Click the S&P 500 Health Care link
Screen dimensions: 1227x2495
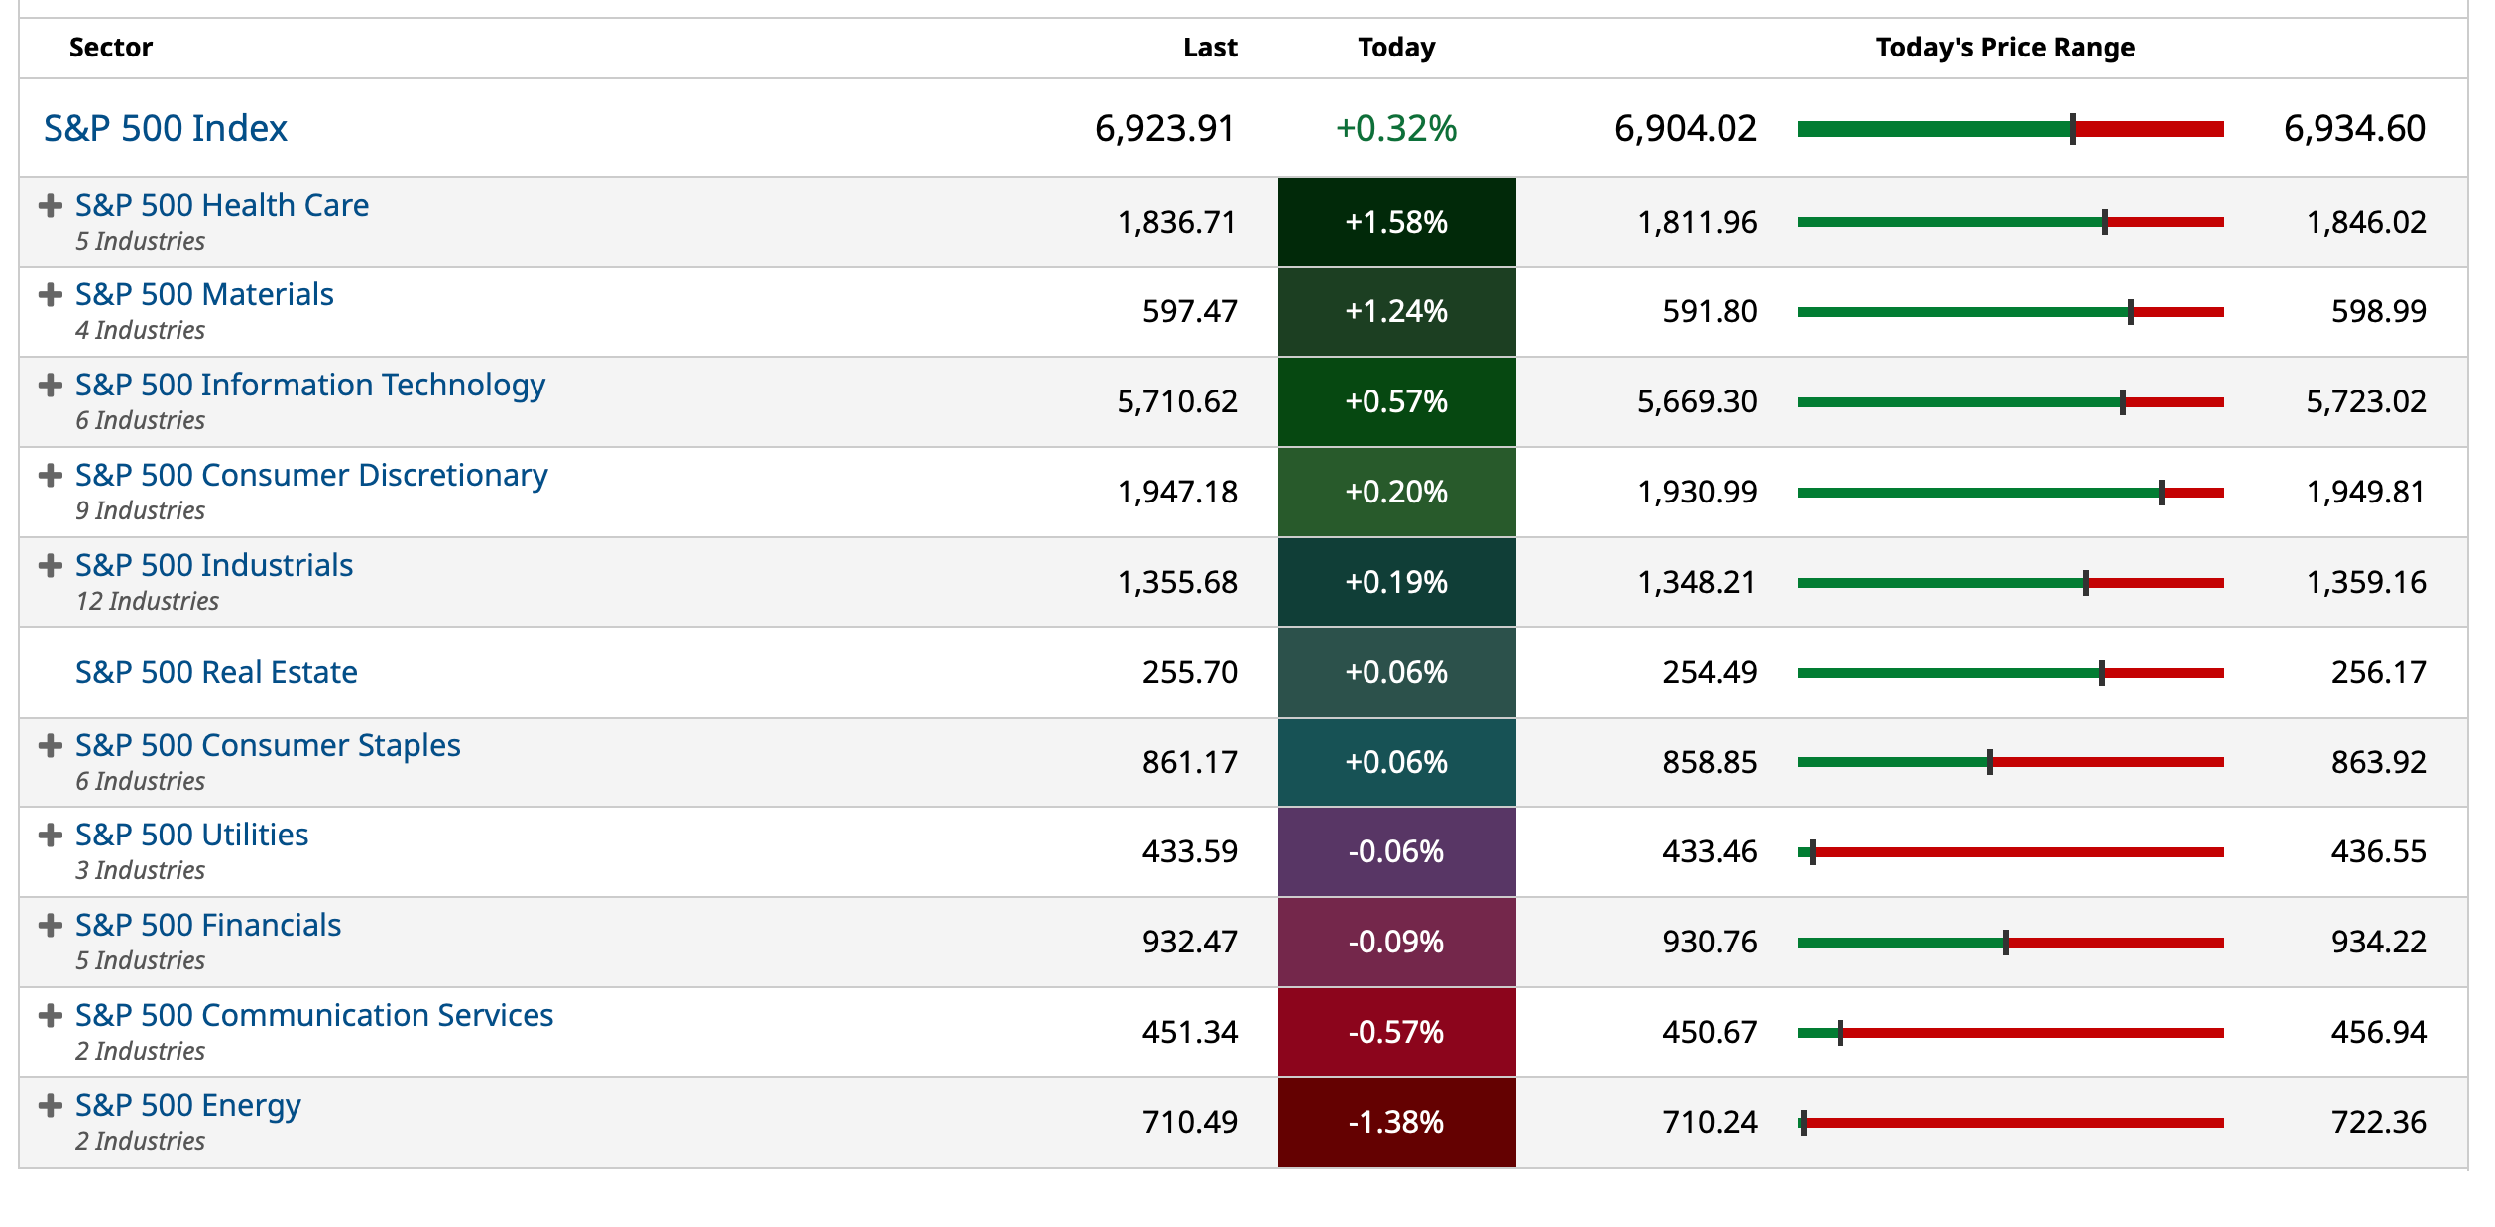pos(221,205)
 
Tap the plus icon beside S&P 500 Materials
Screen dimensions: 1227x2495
pos(50,295)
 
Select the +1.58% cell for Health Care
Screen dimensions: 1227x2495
pos(1395,222)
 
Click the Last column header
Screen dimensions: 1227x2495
pos(1209,48)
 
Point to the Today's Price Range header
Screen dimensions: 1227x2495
pos(2004,48)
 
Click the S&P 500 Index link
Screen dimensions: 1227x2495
pos(166,128)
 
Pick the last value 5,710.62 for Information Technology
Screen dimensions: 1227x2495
pos(1176,401)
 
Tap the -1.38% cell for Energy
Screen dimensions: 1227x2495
pos(1395,1122)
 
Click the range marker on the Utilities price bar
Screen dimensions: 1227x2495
pos(1812,852)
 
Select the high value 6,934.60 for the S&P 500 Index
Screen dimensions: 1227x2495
pos(2353,128)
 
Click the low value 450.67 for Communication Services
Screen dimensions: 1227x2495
pos(1709,1032)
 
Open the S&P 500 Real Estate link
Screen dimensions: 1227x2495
pos(216,672)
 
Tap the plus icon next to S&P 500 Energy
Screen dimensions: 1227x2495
pos(50,1106)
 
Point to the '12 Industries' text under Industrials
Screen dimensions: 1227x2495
pos(148,601)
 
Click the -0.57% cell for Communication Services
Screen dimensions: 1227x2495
pos(1395,1032)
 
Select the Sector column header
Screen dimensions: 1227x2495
pos(111,48)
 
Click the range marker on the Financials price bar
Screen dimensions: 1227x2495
pos(2005,943)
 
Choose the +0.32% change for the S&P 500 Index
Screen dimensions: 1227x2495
pos(1395,128)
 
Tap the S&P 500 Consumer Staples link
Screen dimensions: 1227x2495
pos(268,745)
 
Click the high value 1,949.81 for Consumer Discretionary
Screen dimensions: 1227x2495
pos(2365,492)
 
